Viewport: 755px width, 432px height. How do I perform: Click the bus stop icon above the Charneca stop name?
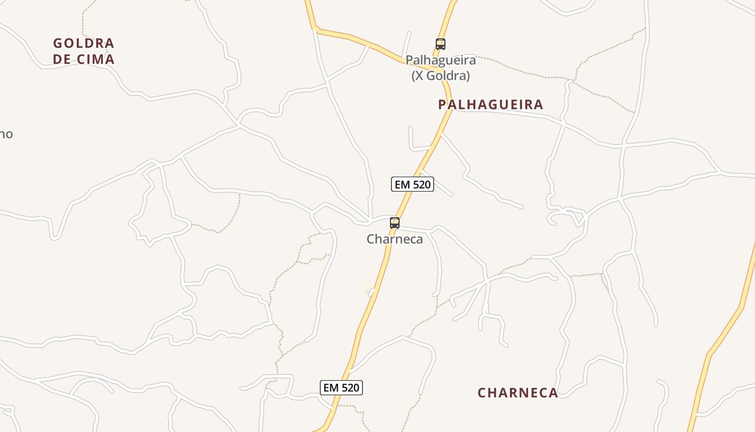(395, 222)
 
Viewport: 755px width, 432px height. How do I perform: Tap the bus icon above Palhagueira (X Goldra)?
(441, 44)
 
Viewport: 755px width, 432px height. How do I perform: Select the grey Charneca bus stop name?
(395, 239)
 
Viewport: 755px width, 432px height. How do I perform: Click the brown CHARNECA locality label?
(518, 393)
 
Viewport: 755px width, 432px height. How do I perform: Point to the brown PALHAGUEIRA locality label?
(491, 104)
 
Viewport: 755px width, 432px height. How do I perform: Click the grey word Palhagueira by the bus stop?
(441, 59)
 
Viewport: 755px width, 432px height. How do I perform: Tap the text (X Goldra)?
(441, 76)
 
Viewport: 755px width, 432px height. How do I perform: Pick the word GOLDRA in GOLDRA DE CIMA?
(84, 43)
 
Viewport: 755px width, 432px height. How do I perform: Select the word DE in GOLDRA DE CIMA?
(62, 59)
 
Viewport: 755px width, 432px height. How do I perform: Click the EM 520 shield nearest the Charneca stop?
(412, 184)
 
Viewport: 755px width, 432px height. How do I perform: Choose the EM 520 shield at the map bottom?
(341, 387)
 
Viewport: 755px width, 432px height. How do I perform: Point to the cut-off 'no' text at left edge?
(5, 134)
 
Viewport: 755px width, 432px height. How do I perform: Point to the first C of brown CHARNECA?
(482, 393)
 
